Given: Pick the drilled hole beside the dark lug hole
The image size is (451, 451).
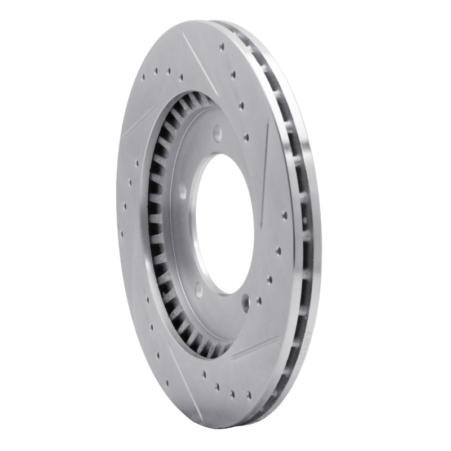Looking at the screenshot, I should pyautogui.click(x=259, y=300).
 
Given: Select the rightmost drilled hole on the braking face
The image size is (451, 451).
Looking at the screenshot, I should pyautogui.click(x=284, y=215).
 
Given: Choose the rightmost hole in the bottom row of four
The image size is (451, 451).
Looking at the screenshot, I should pyautogui.click(x=248, y=395).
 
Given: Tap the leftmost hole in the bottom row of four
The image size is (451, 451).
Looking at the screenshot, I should pyautogui.click(x=216, y=386).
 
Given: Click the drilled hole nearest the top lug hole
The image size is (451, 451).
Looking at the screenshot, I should pyautogui.click(x=246, y=137).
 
